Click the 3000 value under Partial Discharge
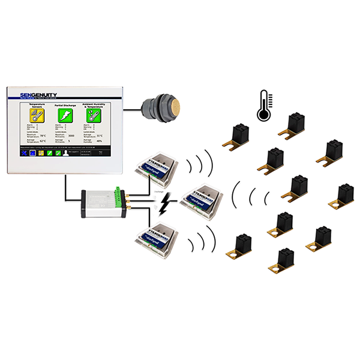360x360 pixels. pos(71,136)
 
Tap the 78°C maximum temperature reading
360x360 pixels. pos(43,136)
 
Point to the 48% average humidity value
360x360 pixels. pos(99,141)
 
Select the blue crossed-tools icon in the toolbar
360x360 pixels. pos(23,153)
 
